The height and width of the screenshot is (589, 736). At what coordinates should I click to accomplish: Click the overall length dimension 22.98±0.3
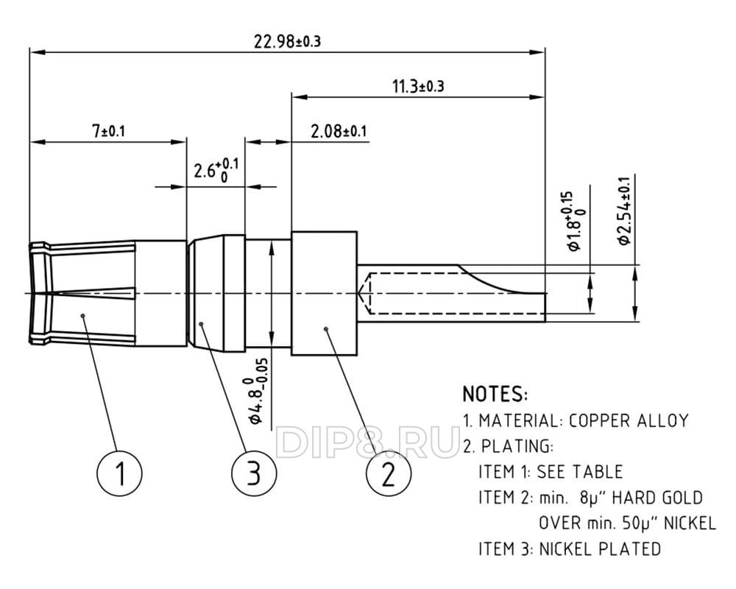tap(287, 41)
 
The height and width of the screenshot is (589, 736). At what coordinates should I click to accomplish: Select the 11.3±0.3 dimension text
tap(417, 86)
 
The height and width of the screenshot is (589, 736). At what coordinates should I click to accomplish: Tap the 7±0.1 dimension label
tap(108, 131)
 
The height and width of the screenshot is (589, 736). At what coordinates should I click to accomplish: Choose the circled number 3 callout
tap(253, 473)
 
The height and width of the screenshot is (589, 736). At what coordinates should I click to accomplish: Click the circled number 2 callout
tap(388, 472)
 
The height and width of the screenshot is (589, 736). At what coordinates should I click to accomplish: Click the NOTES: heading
tap(495, 393)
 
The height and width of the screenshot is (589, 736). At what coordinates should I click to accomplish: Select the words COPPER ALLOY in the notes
tap(629, 421)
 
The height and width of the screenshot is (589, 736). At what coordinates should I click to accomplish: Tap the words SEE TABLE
tap(579, 472)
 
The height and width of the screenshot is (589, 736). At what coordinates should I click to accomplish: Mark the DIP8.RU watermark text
tap(368, 442)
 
